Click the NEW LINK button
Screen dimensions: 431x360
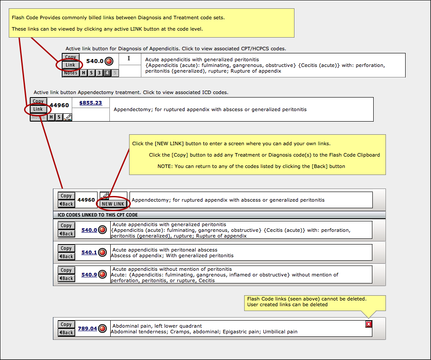pos(113,204)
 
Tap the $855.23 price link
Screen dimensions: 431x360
pos(91,103)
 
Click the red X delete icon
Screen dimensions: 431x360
pos(368,324)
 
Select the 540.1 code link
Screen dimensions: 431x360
pos(89,252)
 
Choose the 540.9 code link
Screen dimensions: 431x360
pos(89,275)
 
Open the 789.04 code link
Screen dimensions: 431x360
pos(88,329)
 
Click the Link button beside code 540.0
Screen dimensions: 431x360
pos(70,65)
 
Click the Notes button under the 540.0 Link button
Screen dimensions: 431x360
pos(70,73)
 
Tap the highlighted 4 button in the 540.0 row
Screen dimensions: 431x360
pos(107,73)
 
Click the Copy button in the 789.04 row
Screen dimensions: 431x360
pos(66,324)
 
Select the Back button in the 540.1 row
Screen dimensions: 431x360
pos(66,256)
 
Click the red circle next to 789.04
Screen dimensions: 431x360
pos(102,328)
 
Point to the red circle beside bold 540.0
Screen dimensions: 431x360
pos(109,61)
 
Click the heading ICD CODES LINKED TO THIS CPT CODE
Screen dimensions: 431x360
pos(98,215)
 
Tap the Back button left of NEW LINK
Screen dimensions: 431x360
pos(66,204)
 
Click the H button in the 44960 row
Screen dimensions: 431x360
pos(51,117)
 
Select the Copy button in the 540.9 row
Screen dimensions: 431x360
pos(66,270)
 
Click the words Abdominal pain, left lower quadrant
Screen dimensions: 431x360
pos(157,326)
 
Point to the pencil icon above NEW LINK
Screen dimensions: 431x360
pos(105,196)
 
